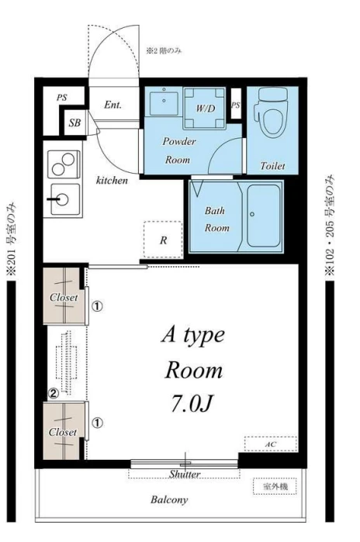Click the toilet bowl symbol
pos(271,115)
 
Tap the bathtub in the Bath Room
pos(264,216)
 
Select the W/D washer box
pos(205,108)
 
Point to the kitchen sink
pos(64,199)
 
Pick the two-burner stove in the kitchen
pos(64,164)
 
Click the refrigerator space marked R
pos(163,240)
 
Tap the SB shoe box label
pos(74,123)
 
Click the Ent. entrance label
pos(112,105)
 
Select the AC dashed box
pos(271,444)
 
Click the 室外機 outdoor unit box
pos(275,487)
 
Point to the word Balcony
pos(169,499)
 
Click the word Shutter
pos(185,474)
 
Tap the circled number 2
pos(53,392)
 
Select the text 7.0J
pos(191,403)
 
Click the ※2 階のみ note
pos(163,51)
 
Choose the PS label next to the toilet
pos(236,105)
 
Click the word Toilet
pos(272,166)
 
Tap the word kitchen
pos(112,180)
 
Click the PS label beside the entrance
pos(62,98)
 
